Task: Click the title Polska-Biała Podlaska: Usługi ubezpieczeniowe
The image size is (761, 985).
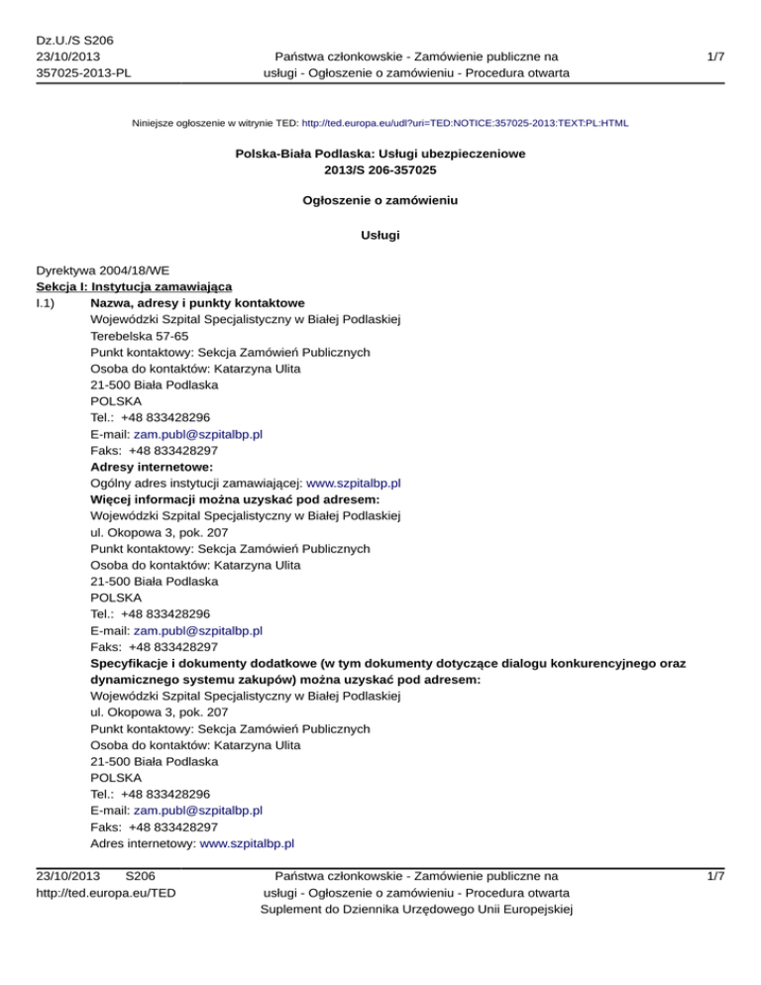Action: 380,155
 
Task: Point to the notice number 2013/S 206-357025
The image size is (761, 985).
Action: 380,170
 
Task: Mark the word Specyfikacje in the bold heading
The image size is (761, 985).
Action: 129,662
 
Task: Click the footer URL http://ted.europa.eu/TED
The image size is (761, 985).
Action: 101,893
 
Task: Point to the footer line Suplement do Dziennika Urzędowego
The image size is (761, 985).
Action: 414,910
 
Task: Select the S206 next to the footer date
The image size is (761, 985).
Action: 136,876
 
